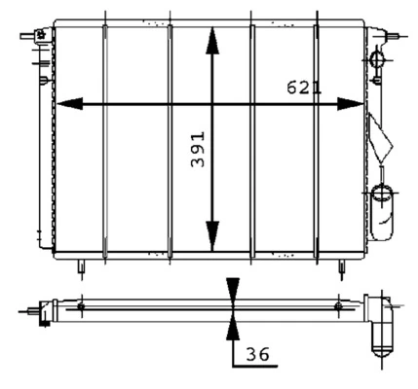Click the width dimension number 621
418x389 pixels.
pos(303,88)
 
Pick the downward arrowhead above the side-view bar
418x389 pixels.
pos(231,290)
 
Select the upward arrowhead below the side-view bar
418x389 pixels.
pos(231,325)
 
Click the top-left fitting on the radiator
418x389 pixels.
pos(42,38)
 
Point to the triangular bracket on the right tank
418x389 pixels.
pos(379,136)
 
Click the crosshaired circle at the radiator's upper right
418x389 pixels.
pos(378,60)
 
